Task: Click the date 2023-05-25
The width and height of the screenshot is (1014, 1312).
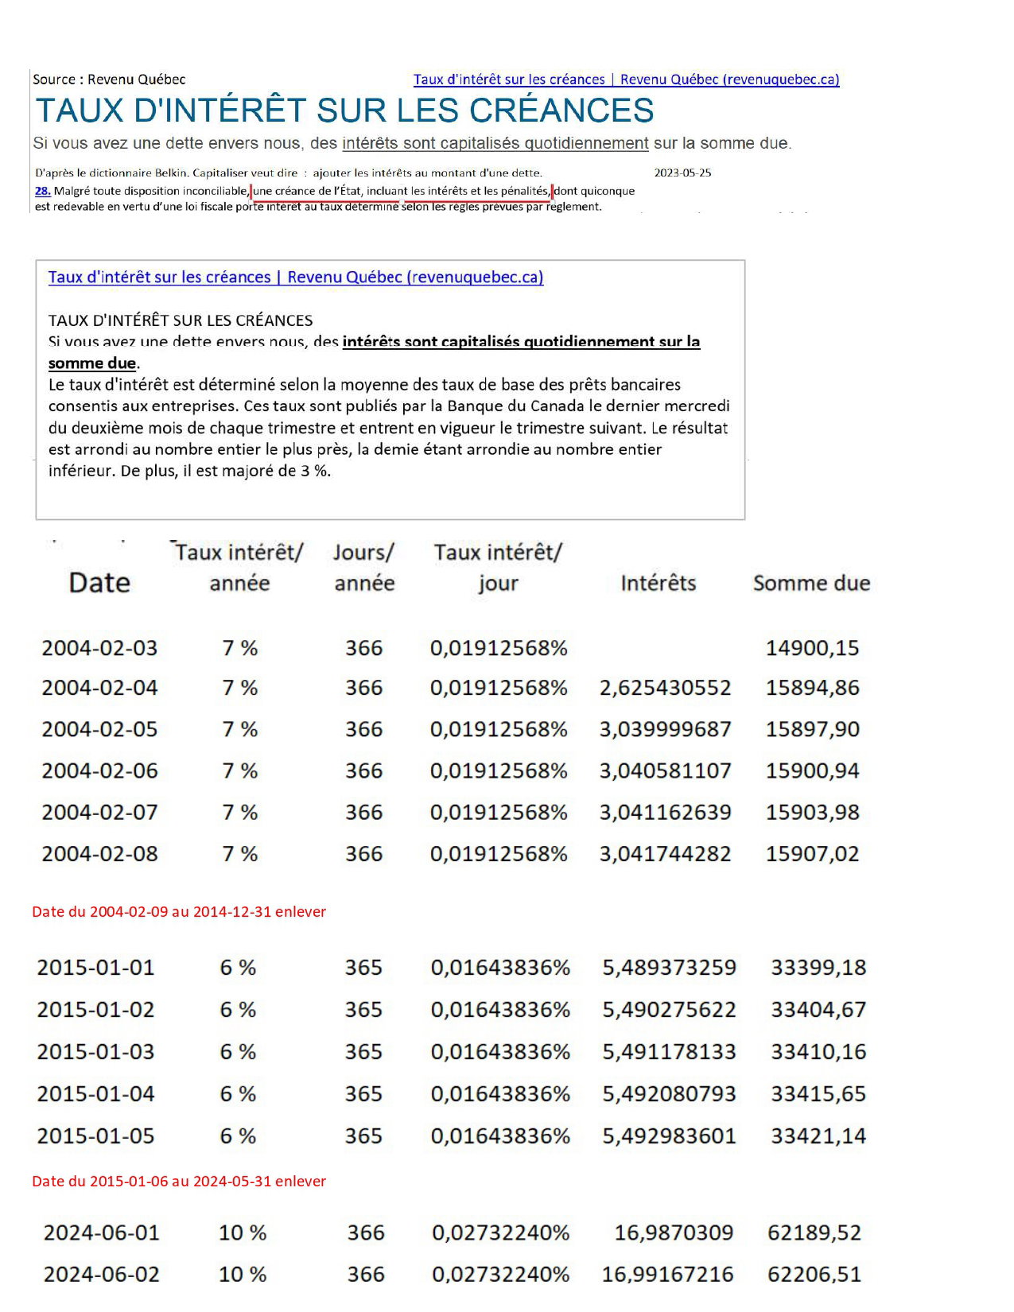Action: click(x=682, y=173)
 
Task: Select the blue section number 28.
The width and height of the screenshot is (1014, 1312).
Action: click(x=43, y=191)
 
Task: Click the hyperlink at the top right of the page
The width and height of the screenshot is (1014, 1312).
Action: click(x=626, y=80)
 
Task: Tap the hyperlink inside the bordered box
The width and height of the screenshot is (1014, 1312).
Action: click(x=296, y=278)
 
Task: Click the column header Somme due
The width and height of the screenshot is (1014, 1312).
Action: click(x=811, y=584)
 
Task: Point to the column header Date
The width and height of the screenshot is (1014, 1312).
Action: click(x=99, y=583)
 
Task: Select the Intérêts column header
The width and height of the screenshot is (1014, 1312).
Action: click(x=658, y=584)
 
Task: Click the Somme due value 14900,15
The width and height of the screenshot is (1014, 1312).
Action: click(x=812, y=648)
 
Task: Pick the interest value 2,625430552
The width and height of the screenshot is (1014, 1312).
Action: click(x=665, y=688)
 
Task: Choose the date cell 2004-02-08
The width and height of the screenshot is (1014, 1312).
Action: click(x=99, y=854)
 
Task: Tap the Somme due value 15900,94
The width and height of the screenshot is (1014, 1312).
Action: click(x=812, y=771)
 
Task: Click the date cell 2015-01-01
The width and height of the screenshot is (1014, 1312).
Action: click(x=95, y=968)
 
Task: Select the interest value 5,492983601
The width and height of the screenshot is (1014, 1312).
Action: click(x=669, y=1136)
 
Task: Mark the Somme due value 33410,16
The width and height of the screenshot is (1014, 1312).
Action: click(x=818, y=1052)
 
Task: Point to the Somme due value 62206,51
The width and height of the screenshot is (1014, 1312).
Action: click(x=814, y=1275)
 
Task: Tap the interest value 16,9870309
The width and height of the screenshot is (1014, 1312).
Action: click(x=674, y=1233)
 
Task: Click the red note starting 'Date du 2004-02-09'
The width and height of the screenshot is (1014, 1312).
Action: click(x=179, y=912)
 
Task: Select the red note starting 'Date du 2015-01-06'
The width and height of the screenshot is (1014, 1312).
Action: click(x=179, y=1182)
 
